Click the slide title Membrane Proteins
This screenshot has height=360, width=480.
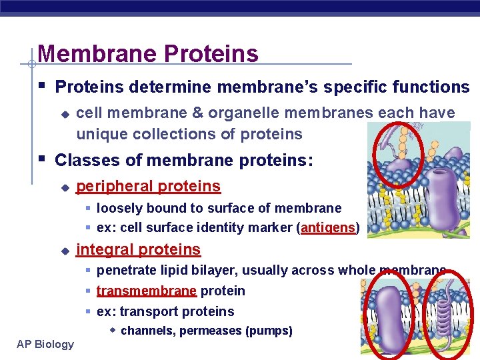[x=148, y=53]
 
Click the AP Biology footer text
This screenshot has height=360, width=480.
[x=45, y=344]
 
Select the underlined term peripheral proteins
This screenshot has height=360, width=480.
[x=148, y=186]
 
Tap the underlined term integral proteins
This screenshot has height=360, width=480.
[x=138, y=249]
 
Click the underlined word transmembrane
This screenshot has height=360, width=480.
[x=146, y=291]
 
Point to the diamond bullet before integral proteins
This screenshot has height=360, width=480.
[x=65, y=251]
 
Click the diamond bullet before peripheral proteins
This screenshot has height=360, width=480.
[x=65, y=187]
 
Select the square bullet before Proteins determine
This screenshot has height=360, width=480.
[x=42, y=87]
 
